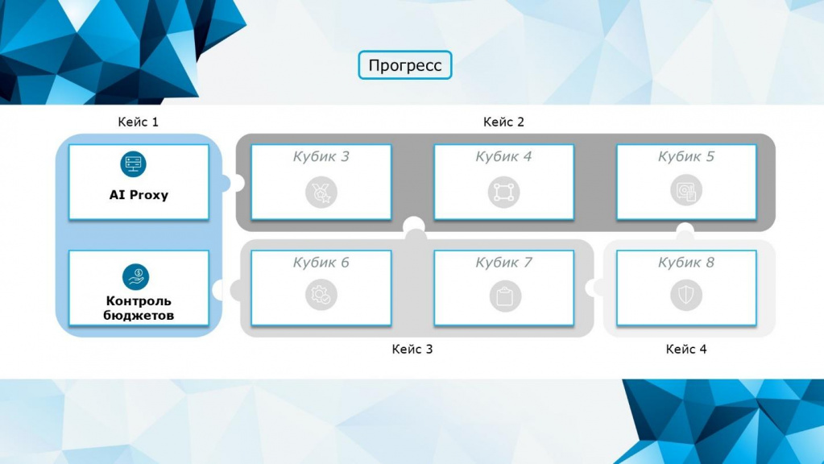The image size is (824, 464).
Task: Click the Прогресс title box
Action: click(x=404, y=65)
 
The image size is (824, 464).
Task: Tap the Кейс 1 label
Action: click(x=138, y=122)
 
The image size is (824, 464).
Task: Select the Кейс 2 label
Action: click(x=503, y=122)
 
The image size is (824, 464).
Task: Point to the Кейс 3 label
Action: click(x=412, y=349)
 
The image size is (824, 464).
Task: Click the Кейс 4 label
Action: click(x=685, y=349)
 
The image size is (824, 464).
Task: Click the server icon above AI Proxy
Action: click(x=134, y=164)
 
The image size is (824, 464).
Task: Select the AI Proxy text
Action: click(x=139, y=195)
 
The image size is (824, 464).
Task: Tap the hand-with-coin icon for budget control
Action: click(x=135, y=277)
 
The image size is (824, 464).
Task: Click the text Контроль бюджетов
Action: click(x=139, y=308)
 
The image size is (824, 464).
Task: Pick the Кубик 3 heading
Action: click(x=321, y=156)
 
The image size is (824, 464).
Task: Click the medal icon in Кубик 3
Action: click(x=321, y=193)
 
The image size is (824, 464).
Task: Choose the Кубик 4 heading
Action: click(x=503, y=156)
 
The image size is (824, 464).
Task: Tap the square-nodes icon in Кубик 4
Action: click(x=503, y=193)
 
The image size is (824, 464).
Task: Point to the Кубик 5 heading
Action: click(x=685, y=156)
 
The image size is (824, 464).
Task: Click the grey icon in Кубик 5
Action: click(x=685, y=190)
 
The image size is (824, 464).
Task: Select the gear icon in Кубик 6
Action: click(x=321, y=294)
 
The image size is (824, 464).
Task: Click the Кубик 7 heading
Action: click(x=503, y=263)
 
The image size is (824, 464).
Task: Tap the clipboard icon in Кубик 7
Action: click(x=504, y=296)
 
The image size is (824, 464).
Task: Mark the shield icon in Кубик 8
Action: click(x=685, y=295)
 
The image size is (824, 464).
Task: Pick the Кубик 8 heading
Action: click(x=685, y=263)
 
